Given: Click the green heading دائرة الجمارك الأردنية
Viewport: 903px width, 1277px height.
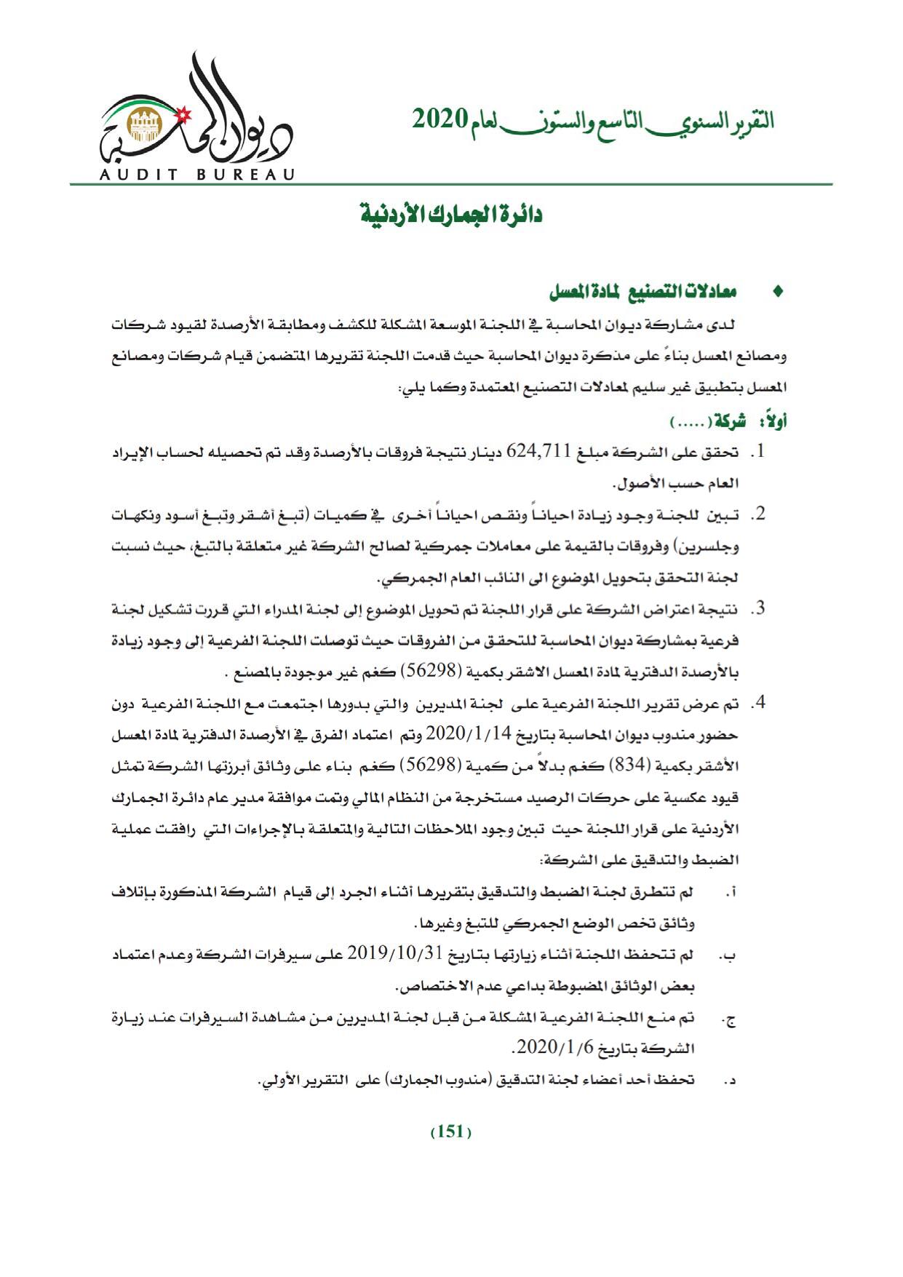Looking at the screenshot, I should click(x=452, y=216).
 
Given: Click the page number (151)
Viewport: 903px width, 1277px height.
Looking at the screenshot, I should click(x=451, y=1133).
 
